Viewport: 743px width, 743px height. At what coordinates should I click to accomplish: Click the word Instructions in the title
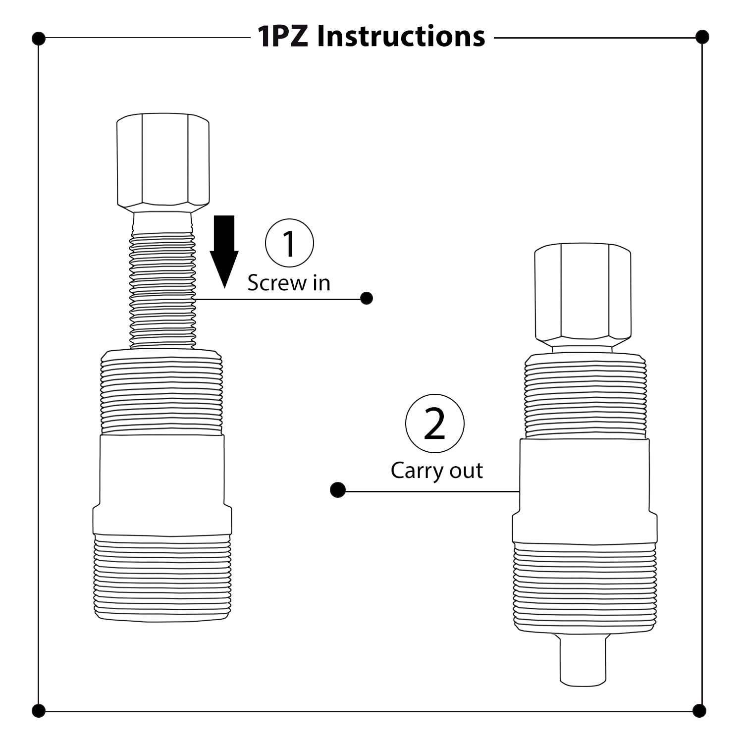pyautogui.click(x=401, y=37)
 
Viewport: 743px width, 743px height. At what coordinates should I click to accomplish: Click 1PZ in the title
pyautogui.click(x=283, y=37)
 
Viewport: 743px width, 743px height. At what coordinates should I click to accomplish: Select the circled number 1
pyautogui.click(x=289, y=243)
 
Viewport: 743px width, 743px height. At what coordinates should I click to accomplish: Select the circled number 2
pyautogui.click(x=434, y=424)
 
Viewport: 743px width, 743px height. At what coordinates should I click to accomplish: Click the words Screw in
pyautogui.click(x=289, y=283)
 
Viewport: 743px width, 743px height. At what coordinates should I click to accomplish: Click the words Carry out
pyautogui.click(x=436, y=470)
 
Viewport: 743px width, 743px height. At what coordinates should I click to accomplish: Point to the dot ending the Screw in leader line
pyautogui.click(x=367, y=298)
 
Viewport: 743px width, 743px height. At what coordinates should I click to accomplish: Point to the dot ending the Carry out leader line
pyautogui.click(x=338, y=490)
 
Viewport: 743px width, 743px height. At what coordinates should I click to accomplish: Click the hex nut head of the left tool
pyautogui.click(x=163, y=160)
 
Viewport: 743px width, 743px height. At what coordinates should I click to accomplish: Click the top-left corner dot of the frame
pyautogui.click(x=39, y=38)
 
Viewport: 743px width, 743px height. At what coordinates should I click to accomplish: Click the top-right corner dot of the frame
pyautogui.click(x=702, y=37)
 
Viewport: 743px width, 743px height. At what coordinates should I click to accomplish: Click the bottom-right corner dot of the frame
pyautogui.click(x=699, y=711)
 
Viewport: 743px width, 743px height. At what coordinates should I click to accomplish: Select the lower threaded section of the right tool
pyautogui.click(x=585, y=587)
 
